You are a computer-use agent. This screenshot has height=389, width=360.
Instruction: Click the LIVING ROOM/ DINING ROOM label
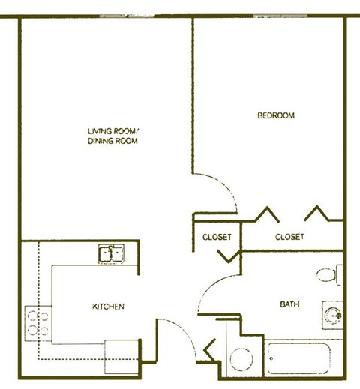114,136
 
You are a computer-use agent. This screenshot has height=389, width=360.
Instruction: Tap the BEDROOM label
275,115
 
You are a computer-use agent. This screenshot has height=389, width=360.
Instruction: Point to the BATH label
289,304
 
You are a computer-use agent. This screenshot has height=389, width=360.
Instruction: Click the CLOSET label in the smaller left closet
217,237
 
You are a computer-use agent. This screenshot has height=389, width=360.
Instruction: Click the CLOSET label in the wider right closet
289,237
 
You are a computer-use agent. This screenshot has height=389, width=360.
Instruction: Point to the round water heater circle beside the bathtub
242,358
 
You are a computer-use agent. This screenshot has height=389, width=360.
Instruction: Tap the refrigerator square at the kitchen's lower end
122,356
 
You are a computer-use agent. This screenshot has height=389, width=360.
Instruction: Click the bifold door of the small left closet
227,256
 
